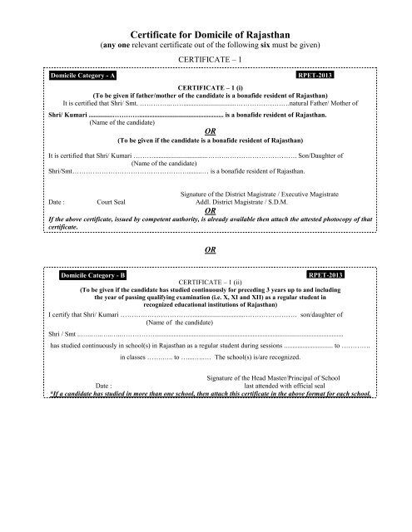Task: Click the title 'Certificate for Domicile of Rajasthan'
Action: coord(205,27)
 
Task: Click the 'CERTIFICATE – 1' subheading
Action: coord(205,61)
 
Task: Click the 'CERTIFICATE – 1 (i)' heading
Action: coord(205,86)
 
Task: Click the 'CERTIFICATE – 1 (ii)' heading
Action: coord(205,283)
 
